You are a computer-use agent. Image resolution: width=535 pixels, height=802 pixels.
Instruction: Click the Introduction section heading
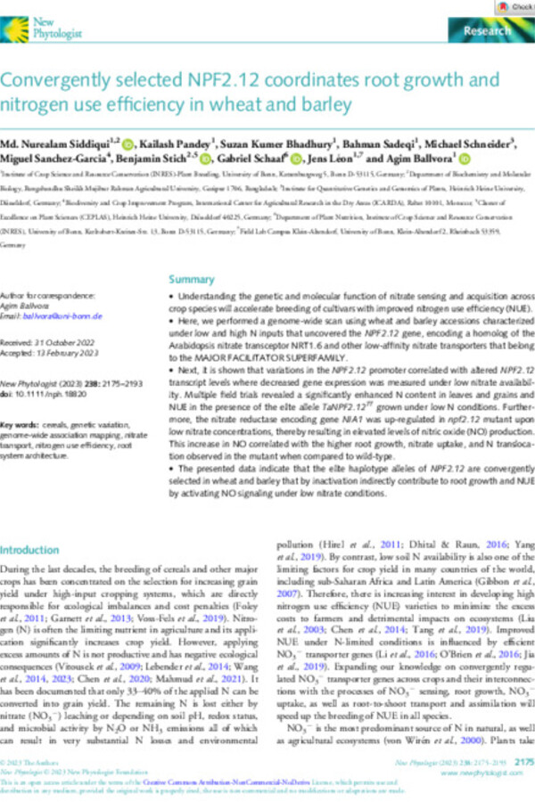coord(34,549)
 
